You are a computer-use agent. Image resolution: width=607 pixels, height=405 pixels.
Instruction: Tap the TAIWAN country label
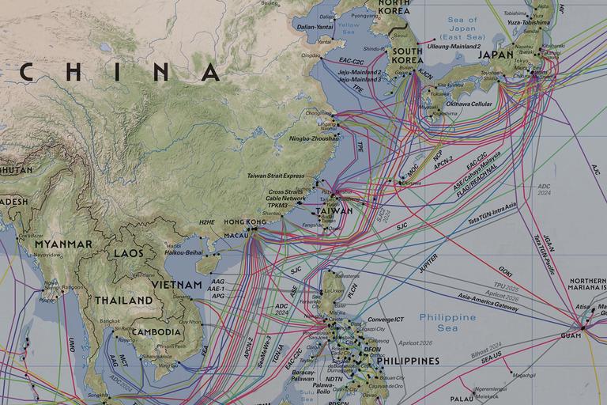(x=334, y=212)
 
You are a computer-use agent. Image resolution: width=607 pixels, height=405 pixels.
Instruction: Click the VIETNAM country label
(x=177, y=284)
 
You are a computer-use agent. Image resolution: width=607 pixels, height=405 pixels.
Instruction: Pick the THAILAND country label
(x=123, y=301)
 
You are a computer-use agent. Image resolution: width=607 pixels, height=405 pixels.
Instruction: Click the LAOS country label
(x=129, y=253)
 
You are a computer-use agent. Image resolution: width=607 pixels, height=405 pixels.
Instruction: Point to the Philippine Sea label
(x=448, y=322)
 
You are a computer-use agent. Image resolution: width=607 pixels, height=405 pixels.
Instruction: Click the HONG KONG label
(x=246, y=222)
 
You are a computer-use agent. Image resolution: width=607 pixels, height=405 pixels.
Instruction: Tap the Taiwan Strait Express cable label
(x=275, y=176)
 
